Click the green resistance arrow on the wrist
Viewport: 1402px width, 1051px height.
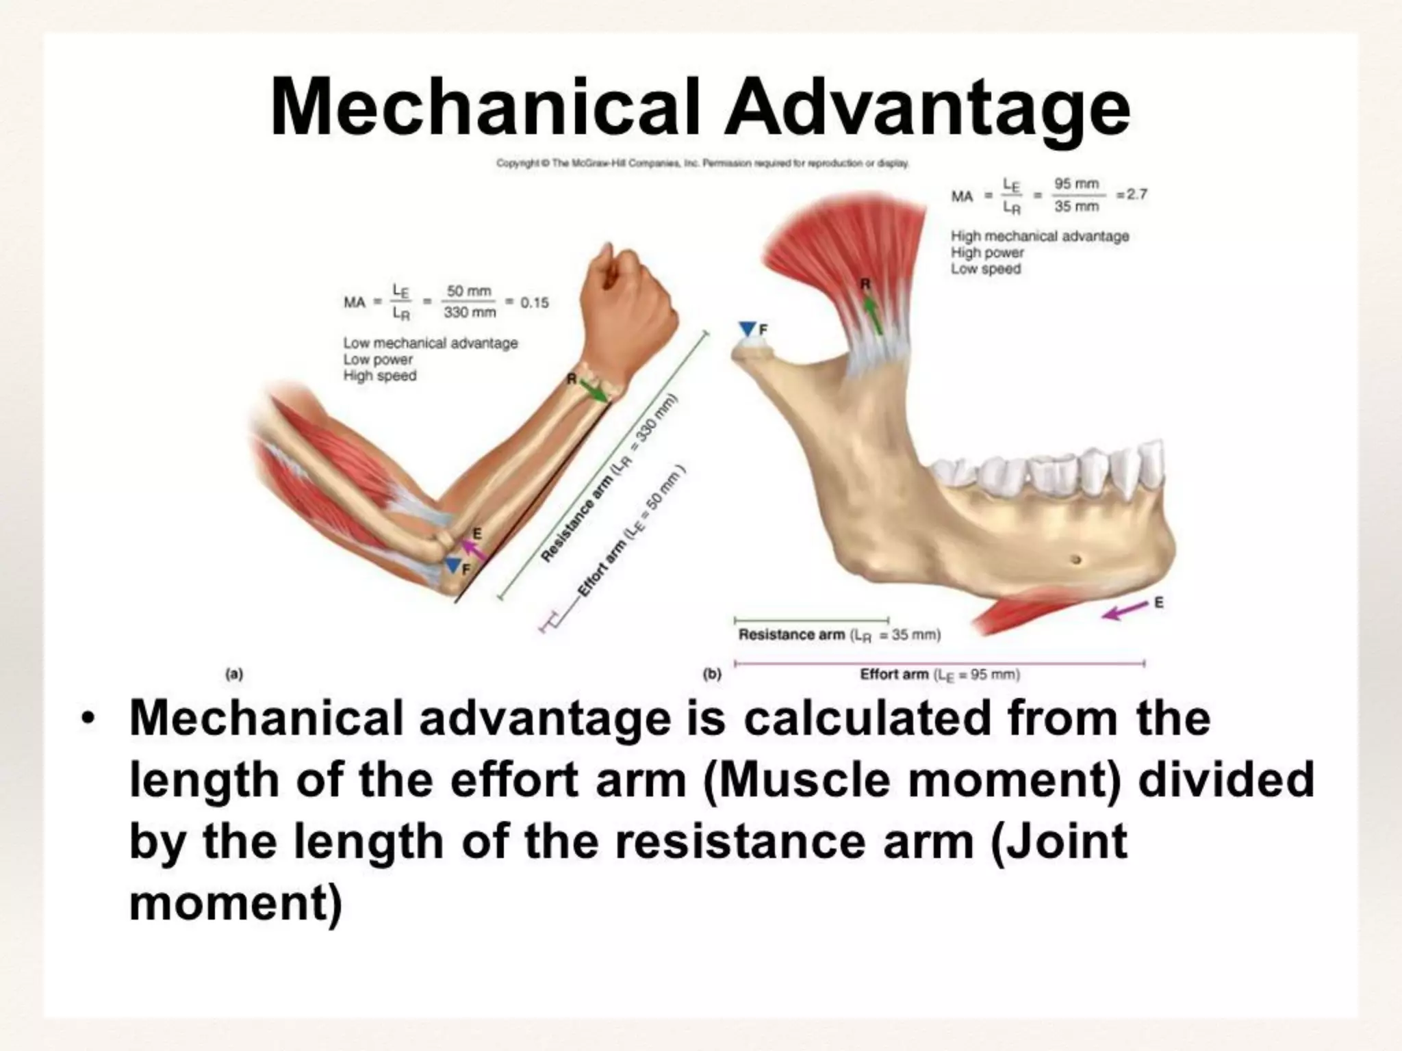(x=594, y=391)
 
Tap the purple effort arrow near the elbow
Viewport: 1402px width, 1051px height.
(x=473, y=549)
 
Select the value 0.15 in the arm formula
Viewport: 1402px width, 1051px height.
(x=535, y=302)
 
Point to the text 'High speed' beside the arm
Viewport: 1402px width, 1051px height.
(x=380, y=376)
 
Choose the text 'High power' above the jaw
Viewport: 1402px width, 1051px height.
(x=987, y=252)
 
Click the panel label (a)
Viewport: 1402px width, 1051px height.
(x=234, y=674)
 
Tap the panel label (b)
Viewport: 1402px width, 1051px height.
(x=713, y=674)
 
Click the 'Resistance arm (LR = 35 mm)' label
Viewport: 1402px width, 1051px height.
(x=839, y=635)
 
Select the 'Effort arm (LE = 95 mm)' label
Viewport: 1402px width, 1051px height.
(x=940, y=675)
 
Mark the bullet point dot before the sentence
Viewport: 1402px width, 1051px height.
(x=87, y=719)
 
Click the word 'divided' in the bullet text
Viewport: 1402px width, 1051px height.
(x=1225, y=780)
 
